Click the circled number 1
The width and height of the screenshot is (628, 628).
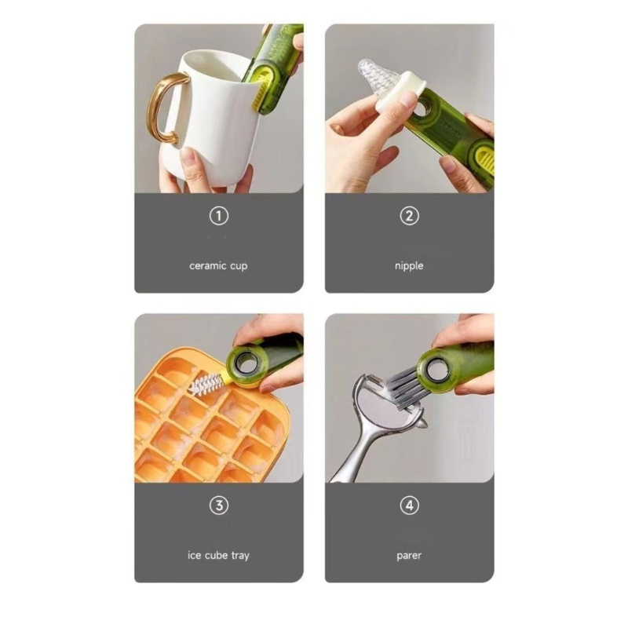pos(219,216)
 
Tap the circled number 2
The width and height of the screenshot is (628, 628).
pos(409,216)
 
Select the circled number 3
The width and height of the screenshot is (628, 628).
pos(219,506)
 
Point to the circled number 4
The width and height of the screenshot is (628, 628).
pos(409,506)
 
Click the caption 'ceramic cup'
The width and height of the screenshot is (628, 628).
pos(218,266)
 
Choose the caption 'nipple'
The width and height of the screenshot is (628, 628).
pos(409,266)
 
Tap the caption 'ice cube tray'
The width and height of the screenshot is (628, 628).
pos(218,556)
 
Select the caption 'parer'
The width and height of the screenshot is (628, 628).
pos(409,557)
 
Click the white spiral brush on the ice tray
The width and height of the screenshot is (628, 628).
pos(206,383)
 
